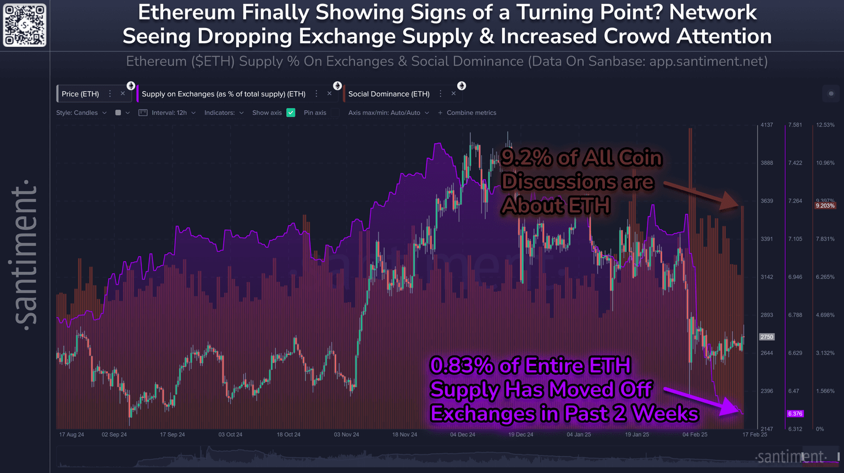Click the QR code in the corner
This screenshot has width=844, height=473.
25,25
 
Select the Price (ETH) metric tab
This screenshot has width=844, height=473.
80,94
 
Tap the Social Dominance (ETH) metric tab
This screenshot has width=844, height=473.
388,94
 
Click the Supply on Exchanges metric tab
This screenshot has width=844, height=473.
223,94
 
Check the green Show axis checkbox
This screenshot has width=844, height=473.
291,113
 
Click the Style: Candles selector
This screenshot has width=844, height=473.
81,113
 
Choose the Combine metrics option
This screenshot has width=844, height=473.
471,113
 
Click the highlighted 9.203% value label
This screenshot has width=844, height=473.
825,205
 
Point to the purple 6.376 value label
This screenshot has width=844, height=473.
795,414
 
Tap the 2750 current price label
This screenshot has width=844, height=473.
767,337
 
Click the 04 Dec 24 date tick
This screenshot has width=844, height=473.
463,435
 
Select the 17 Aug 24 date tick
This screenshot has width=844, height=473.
71,435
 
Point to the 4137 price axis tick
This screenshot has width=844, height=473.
767,125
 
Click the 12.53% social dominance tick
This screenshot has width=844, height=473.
825,125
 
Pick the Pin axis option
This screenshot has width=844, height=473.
315,113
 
